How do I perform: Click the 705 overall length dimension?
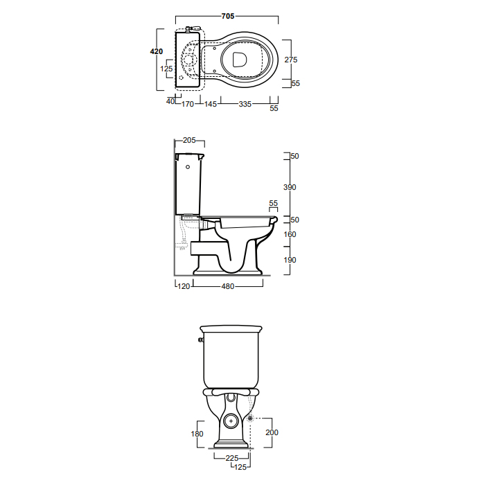pyautogui.click(x=228, y=16)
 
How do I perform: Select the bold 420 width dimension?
pyautogui.click(x=156, y=51)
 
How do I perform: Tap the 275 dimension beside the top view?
pyautogui.click(x=291, y=60)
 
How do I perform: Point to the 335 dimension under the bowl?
pyautogui.click(x=245, y=104)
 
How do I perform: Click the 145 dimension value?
pyautogui.click(x=211, y=104)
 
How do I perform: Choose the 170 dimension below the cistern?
pyautogui.click(x=188, y=104)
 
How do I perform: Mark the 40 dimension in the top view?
pyautogui.click(x=170, y=101)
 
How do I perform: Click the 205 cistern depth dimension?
pyautogui.click(x=189, y=141)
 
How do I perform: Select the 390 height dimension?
pyautogui.click(x=290, y=187)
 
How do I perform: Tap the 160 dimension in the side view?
pyautogui.click(x=290, y=234)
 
